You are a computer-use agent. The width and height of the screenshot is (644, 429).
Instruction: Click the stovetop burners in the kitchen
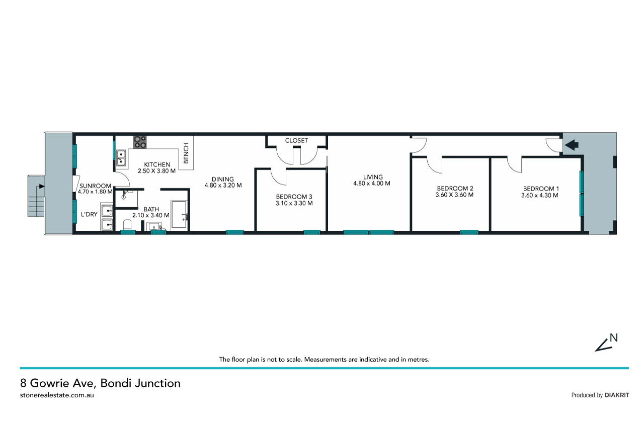point(140,142)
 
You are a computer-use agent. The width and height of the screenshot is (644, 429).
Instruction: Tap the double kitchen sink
point(121,158)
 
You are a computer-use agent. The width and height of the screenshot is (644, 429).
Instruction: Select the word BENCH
point(186,153)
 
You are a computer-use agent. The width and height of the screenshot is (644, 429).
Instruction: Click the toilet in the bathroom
point(127,224)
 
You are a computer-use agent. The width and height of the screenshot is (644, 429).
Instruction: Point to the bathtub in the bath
point(180,215)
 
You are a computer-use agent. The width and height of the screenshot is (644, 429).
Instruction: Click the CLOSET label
point(296,140)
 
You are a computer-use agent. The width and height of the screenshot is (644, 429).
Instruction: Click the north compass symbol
point(606,343)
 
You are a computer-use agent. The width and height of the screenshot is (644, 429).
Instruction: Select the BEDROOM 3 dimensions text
point(294,204)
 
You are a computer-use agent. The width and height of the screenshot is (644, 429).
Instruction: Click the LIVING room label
point(373,177)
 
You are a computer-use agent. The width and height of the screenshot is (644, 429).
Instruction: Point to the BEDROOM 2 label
point(454,189)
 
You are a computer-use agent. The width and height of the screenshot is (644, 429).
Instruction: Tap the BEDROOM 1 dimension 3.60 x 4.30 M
point(539,196)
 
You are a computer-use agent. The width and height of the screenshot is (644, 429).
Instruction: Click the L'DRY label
point(89,214)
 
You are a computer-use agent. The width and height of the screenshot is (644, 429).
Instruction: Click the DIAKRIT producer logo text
point(616,395)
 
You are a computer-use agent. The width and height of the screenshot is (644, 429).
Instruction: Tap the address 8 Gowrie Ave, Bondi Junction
point(100,383)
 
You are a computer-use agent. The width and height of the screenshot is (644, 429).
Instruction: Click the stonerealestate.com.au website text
point(57,395)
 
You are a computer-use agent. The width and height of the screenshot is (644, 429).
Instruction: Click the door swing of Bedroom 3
point(278,176)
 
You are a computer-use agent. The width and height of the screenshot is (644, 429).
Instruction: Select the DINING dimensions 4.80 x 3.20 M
point(223,185)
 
